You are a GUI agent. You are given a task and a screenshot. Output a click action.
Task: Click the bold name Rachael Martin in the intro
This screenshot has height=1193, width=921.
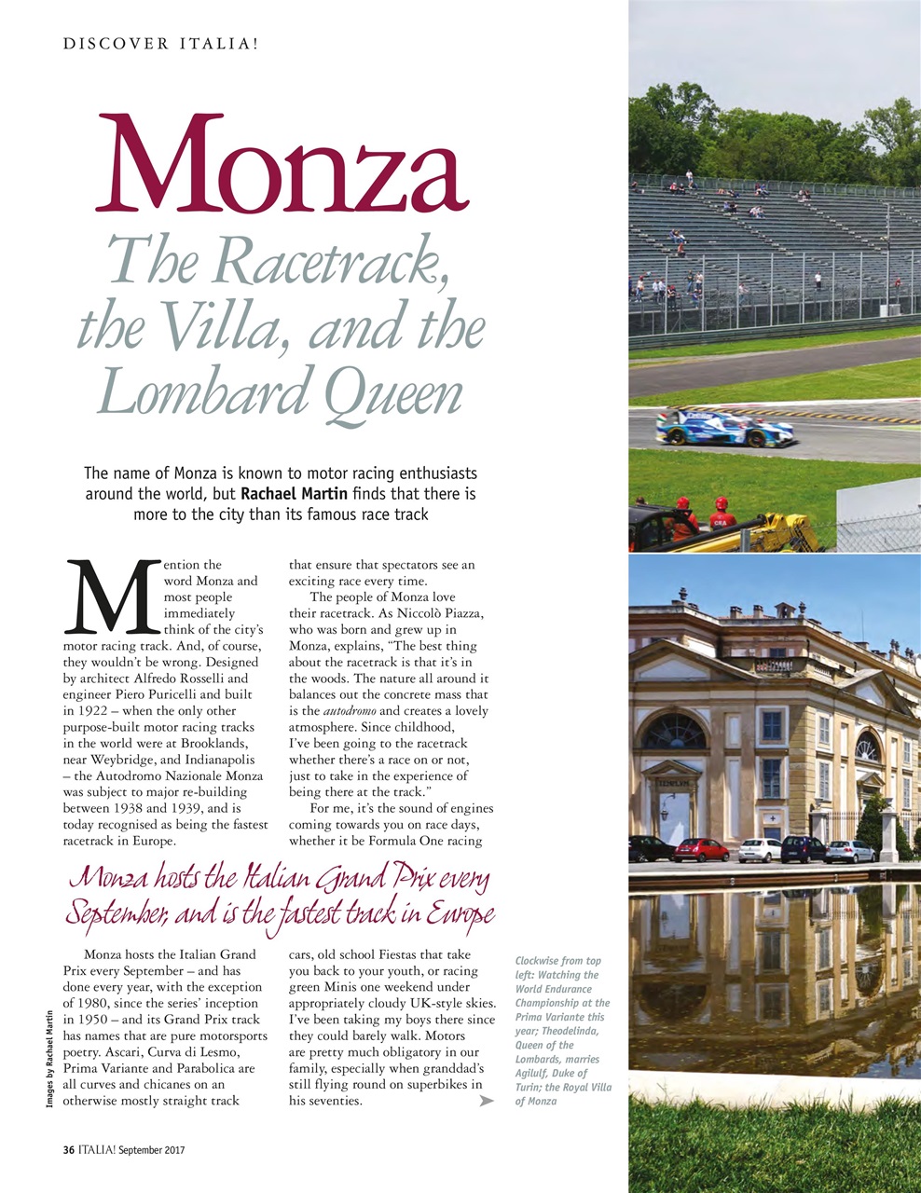coord(294,493)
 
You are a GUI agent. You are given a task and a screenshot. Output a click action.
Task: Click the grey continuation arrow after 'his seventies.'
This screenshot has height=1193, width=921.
coord(486,1102)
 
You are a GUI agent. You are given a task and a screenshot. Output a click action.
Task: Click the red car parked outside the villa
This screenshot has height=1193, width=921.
coord(700,849)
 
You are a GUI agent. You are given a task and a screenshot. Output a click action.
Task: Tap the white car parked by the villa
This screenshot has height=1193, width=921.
coord(760,849)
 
